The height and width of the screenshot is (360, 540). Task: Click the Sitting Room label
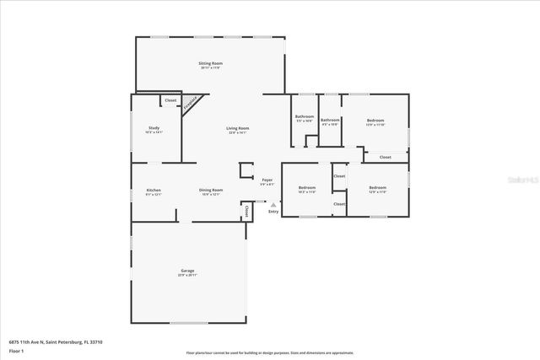pyautogui.click(x=210, y=64)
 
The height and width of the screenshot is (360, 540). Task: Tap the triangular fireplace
pyautogui.click(x=193, y=103)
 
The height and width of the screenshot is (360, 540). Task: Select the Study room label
pyautogui.click(x=154, y=127)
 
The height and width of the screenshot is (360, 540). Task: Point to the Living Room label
pyautogui.click(x=237, y=128)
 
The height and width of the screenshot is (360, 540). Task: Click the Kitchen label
pyautogui.click(x=154, y=191)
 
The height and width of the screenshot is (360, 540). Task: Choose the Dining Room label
pyautogui.click(x=211, y=191)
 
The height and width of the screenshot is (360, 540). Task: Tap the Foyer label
pyautogui.click(x=267, y=180)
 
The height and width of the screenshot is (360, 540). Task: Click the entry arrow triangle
pyautogui.click(x=273, y=203)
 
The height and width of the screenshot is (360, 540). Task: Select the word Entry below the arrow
pyautogui.click(x=273, y=211)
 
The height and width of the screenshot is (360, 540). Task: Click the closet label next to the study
pyautogui.click(x=170, y=100)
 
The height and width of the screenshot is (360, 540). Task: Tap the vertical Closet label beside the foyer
pyautogui.click(x=246, y=211)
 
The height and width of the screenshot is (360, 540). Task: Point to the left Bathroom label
pyautogui.click(x=304, y=116)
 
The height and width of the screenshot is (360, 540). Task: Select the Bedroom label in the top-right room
pyautogui.click(x=375, y=121)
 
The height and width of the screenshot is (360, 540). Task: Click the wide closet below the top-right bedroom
pyautogui.click(x=385, y=157)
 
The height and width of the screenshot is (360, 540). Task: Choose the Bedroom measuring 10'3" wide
pyautogui.click(x=307, y=187)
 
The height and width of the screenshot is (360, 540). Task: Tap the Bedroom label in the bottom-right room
pyautogui.click(x=377, y=187)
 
